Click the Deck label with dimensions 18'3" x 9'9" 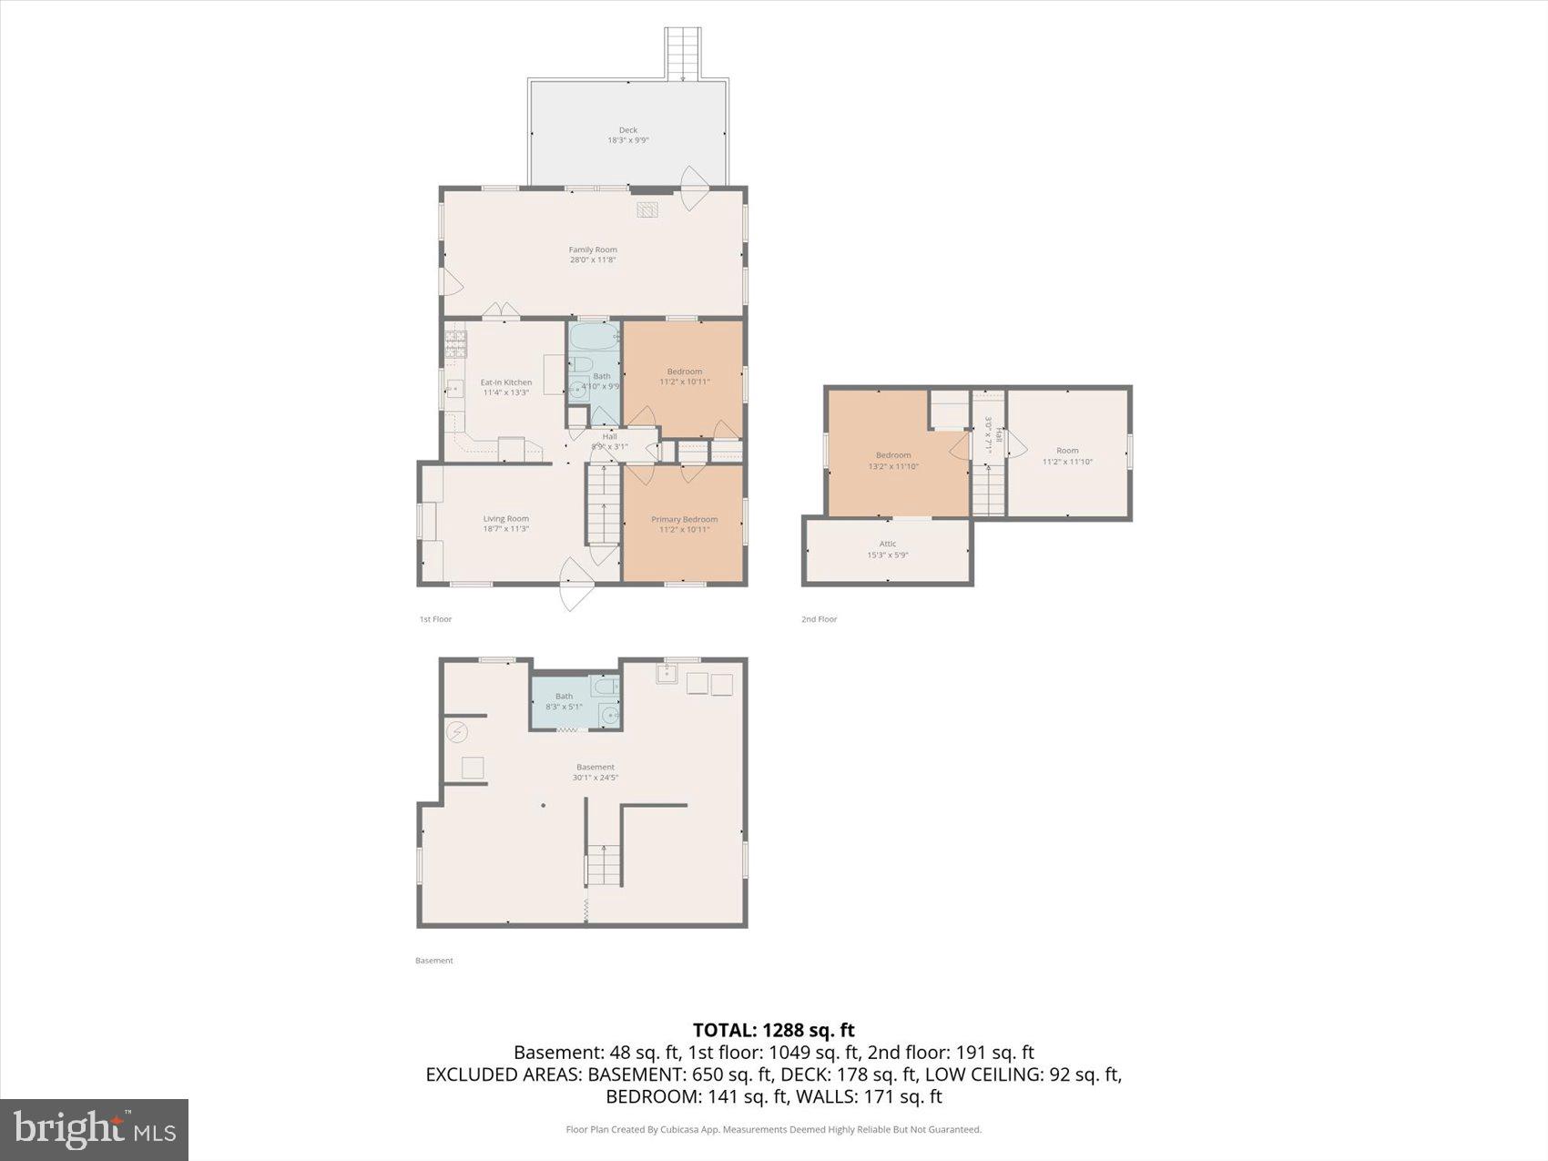[628, 135]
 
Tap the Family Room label [593, 254]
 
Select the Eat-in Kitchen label [505, 387]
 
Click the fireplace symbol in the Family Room [647, 210]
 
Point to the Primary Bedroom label [684, 524]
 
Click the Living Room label [505, 523]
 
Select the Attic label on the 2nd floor [887, 549]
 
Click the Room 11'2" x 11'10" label [1067, 455]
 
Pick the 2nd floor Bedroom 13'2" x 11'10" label [893, 460]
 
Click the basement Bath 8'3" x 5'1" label [564, 701]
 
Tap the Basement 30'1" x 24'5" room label [595, 771]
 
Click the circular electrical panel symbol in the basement [456, 731]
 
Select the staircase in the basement [603, 864]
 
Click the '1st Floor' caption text [435, 619]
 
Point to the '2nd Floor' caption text [819, 619]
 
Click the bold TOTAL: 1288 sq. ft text [773, 1030]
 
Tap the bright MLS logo [94, 1130]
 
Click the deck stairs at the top [683, 54]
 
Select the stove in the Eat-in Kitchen [455, 342]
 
